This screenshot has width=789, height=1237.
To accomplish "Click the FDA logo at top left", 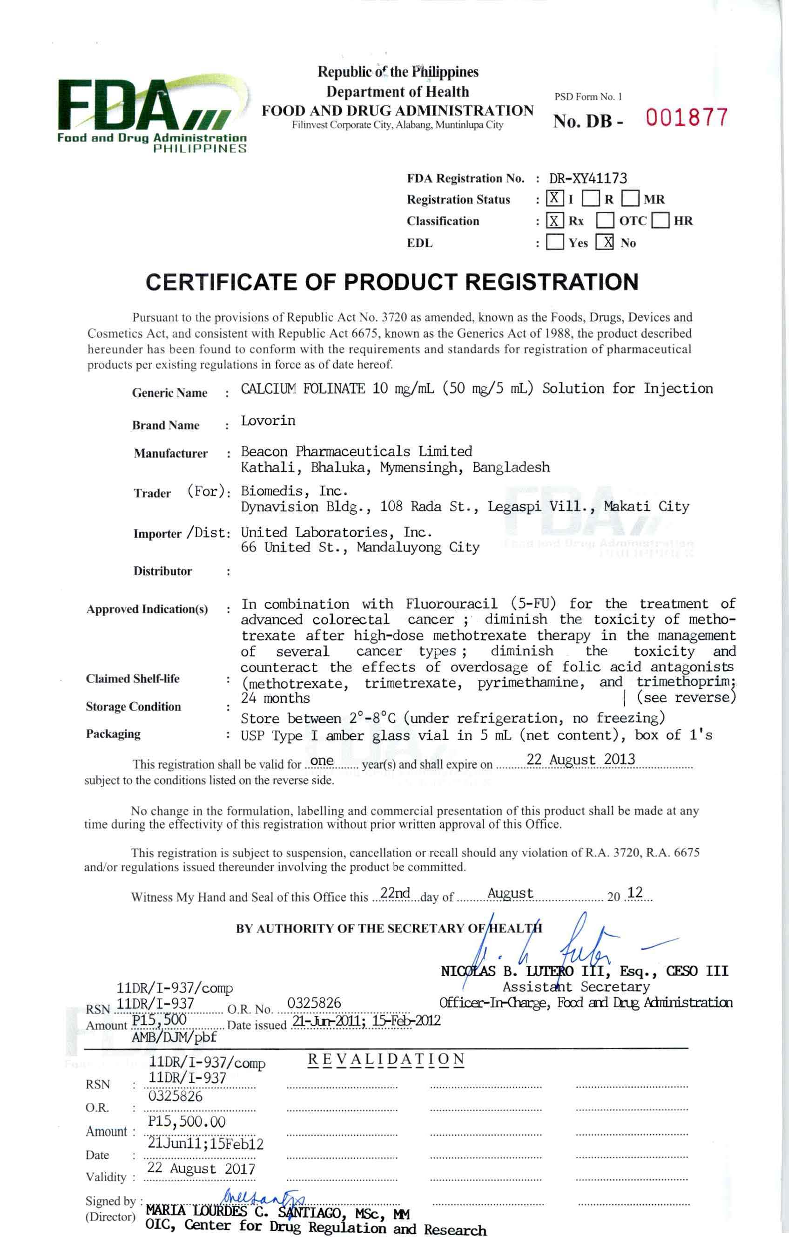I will pyautogui.click(x=152, y=114).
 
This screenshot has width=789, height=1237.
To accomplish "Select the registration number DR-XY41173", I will pyautogui.click(x=588, y=178).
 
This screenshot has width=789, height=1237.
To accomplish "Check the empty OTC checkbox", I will pyautogui.click(x=605, y=221).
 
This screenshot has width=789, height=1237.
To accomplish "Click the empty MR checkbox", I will pyautogui.click(x=630, y=199).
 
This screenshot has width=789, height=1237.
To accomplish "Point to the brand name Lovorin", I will pyautogui.click(x=268, y=421).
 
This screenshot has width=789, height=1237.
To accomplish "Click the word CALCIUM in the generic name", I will pyautogui.click(x=268, y=389).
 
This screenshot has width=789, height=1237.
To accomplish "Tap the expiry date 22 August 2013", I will pyautogui.click(x=580, y=759).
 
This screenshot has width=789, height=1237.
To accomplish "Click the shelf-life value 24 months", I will pyautogui.click(x=275, y=699).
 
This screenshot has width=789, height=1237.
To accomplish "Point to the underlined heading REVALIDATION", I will pyautogui.click(x=386, y=1059).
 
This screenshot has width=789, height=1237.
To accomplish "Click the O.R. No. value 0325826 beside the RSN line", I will pyautogui.click(x=314, y=1003).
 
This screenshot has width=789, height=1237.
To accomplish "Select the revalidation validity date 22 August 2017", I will pyautogui.click(x=201, y=1169).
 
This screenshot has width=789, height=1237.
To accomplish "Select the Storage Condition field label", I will pyautogui.click(x=134, y=707).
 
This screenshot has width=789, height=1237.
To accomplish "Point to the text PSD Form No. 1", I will pyautogui.click(x=588, y=96).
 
